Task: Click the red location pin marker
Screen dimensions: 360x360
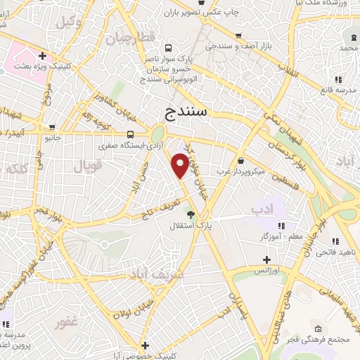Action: [181, 164]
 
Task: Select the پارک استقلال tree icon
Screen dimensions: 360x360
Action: [189, 214]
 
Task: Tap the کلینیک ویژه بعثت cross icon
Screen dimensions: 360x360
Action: [43, 56]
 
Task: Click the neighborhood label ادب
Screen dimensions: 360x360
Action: [262, 209]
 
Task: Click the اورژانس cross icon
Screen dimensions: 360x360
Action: [266, 259]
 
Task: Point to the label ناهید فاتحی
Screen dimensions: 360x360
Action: [335, 252]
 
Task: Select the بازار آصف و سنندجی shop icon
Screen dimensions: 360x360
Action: [238, 37]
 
